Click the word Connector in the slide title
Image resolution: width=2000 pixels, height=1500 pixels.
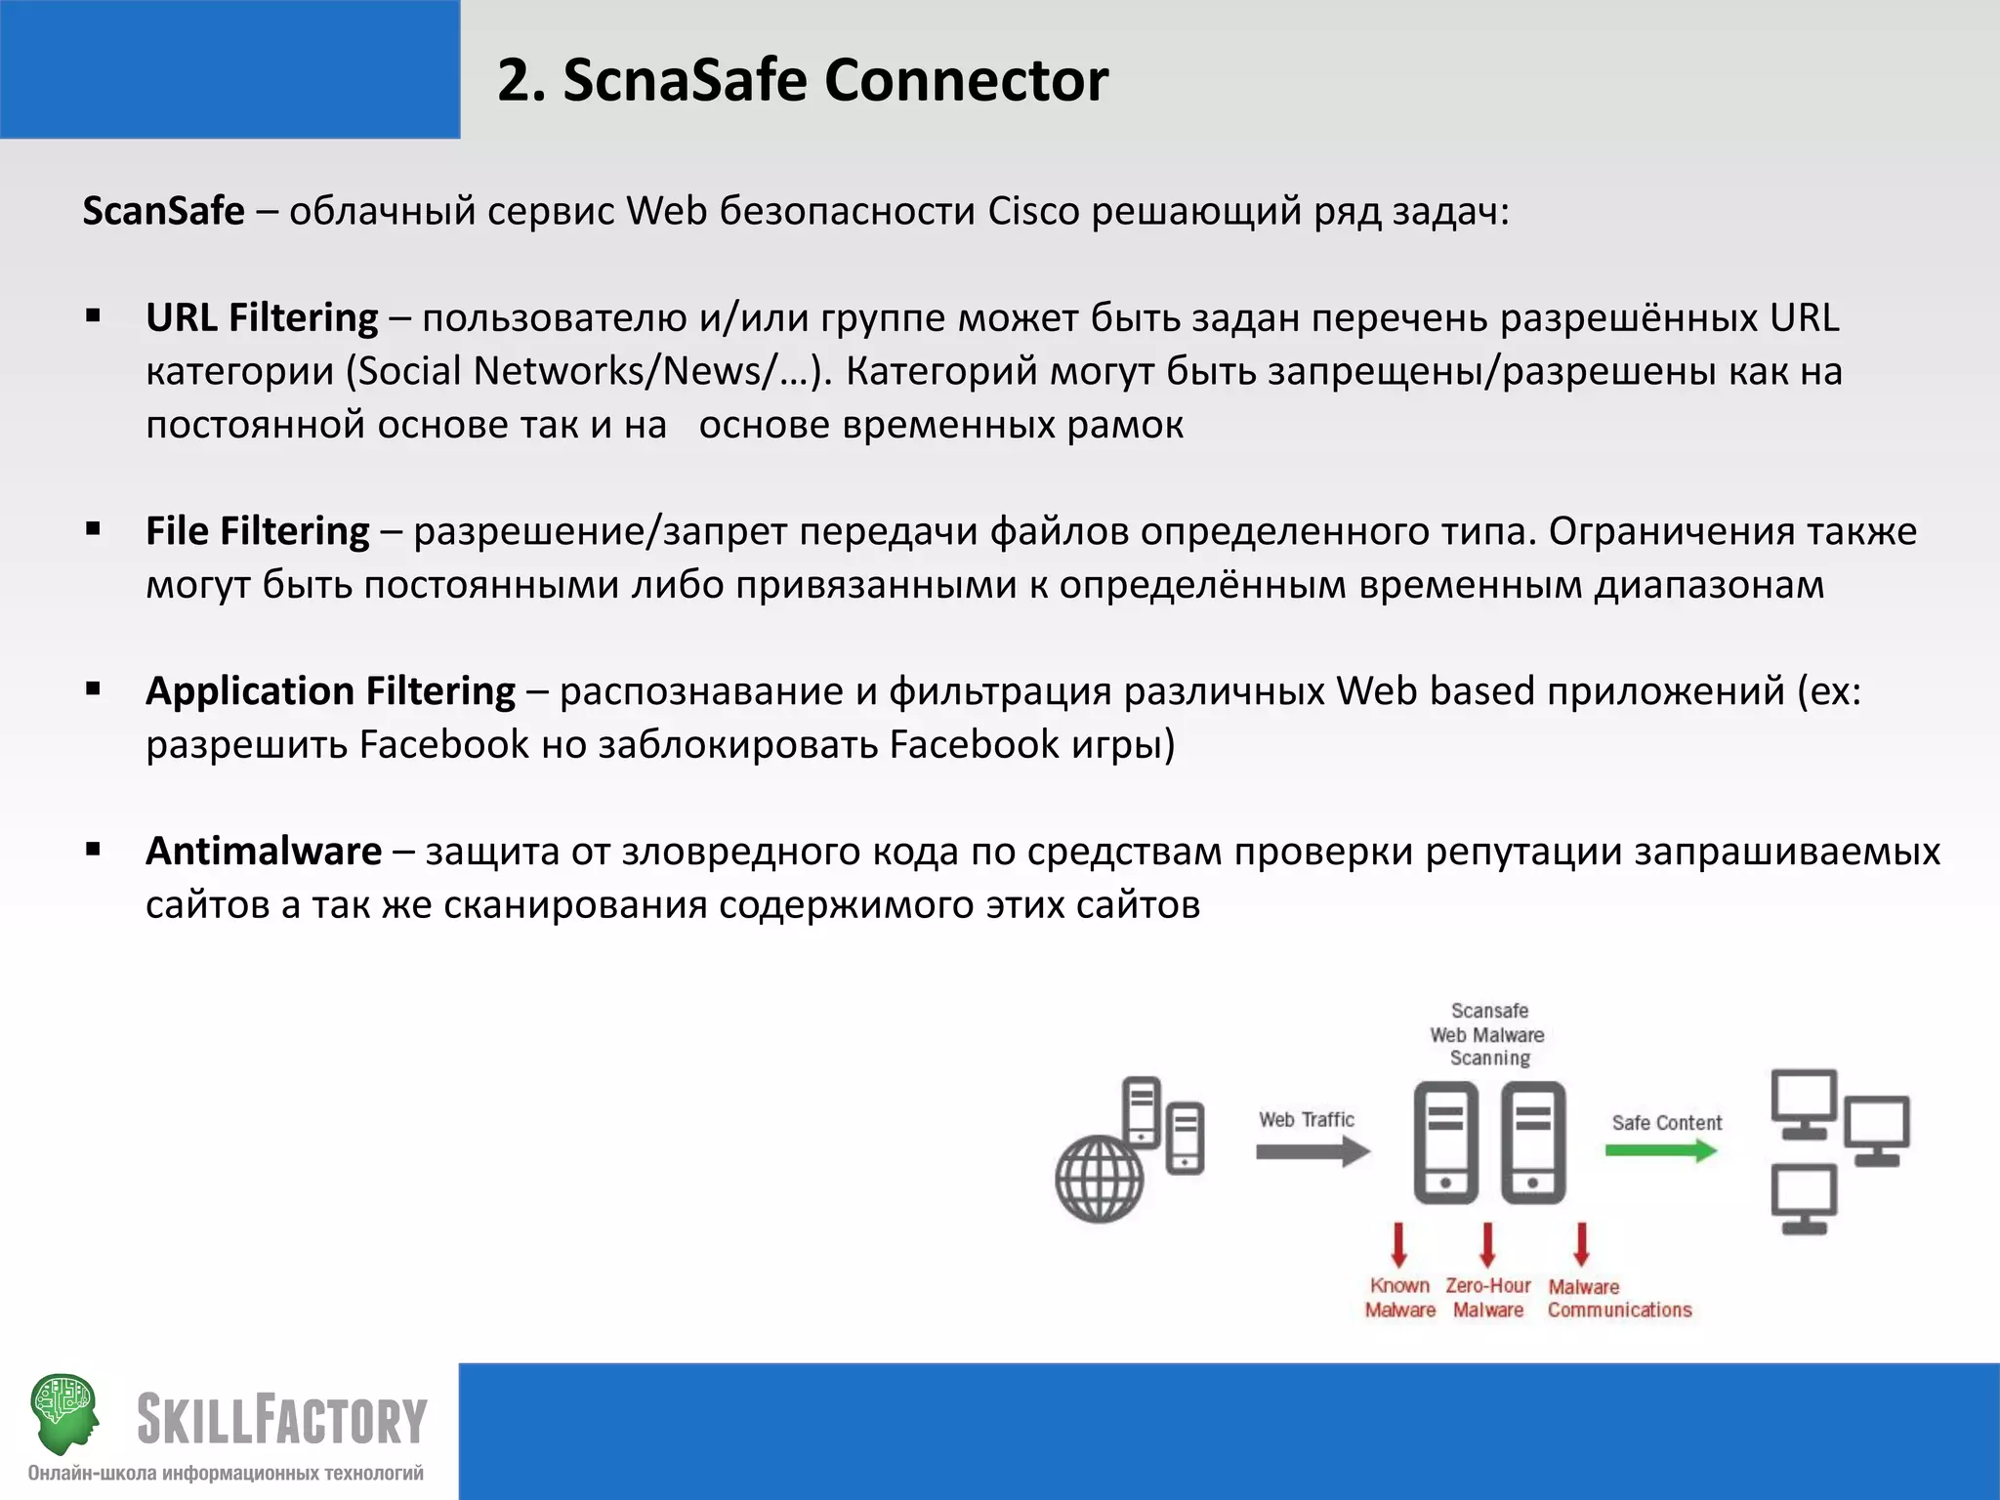click(966, 80)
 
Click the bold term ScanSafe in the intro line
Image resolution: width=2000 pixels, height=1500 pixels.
click(163, 211)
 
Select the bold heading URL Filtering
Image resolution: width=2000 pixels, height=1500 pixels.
click(262, 318)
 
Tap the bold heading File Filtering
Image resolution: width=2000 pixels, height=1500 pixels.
click(258, 531)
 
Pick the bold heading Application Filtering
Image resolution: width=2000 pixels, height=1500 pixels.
click(330, 691)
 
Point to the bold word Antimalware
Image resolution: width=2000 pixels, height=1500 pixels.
click(264, 852)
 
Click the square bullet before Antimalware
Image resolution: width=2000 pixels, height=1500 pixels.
click(94, 850)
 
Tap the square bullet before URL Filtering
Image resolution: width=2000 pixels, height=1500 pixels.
click(94, 315)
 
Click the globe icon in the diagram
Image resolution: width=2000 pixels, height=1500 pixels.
click(1100, 1179)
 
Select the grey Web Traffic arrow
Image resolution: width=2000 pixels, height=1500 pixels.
click(1312, 1152)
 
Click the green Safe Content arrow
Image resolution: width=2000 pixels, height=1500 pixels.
click(1661, 1150)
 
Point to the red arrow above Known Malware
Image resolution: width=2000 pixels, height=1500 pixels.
click(1398, 1243)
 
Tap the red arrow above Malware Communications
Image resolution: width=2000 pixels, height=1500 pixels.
click(1581, 1243)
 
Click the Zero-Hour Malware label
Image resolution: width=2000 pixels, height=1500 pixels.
click(1488, 1298)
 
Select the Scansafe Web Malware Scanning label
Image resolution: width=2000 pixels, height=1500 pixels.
click(1488, 1034)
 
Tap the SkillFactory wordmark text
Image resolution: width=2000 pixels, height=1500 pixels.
click(281, 1420)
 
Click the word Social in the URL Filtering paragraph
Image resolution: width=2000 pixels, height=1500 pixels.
click(409, 372)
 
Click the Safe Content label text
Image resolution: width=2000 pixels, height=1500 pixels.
click(1666, 1123)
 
